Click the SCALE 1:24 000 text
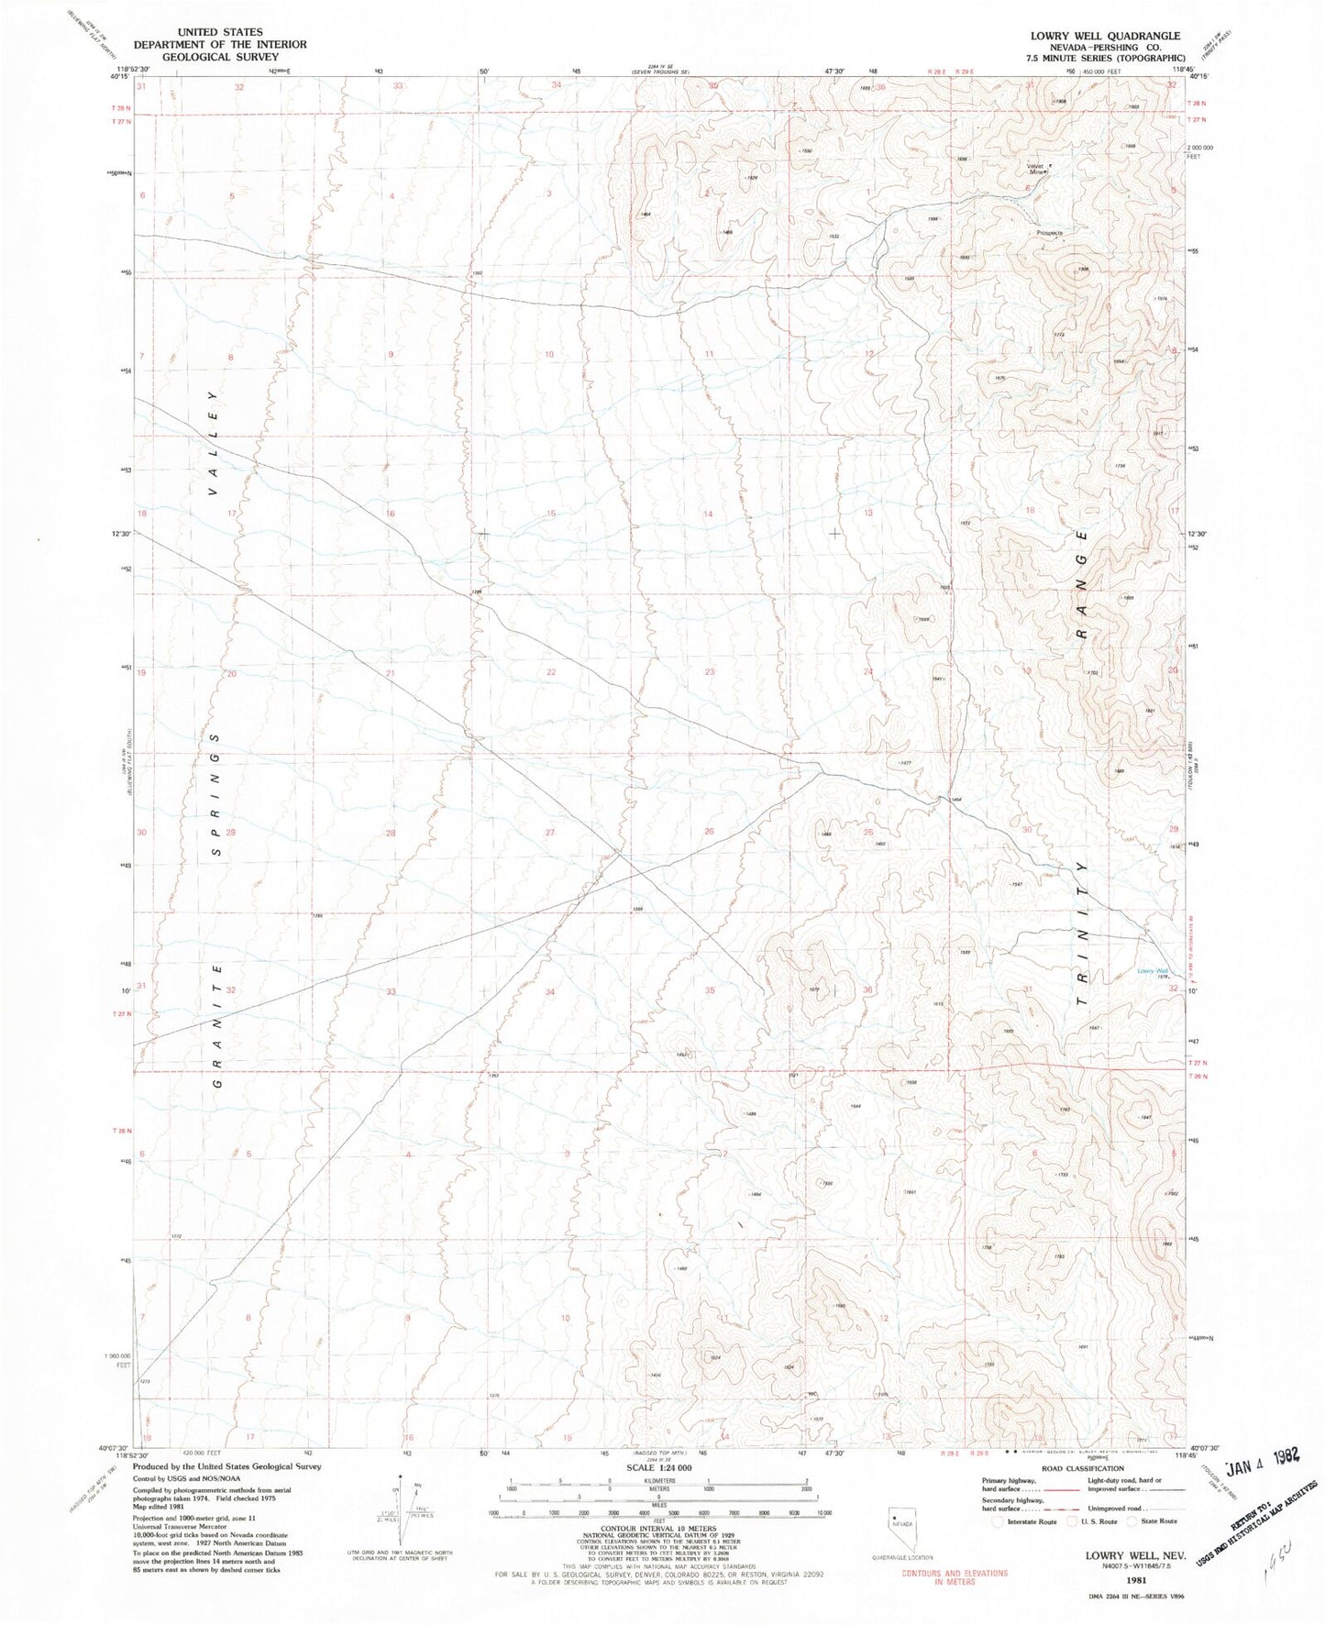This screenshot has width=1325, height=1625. [662, 1487]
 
